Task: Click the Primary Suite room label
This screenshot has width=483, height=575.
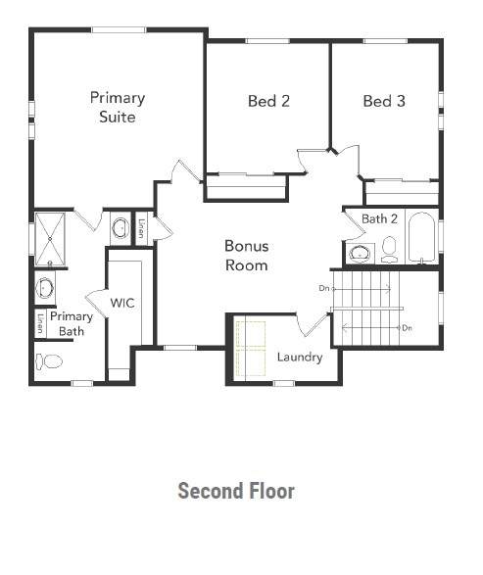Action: (x=118, y=107)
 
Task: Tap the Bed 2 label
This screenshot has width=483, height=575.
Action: (x=268, y=101)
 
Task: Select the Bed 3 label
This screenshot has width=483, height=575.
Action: (x=384, y=101)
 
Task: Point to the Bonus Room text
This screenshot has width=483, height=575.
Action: (x=247, y=256)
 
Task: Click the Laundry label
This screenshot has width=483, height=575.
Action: (x=300, y=357)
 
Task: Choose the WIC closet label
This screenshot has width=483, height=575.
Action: (x=122, y=303)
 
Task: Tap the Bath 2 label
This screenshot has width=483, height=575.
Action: (x=379, y=218)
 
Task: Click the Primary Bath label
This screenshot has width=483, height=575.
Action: (x=72, y=324)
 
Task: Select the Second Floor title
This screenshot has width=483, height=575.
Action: (x=236, y=491)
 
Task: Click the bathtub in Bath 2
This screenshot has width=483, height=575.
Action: (x=421, y=237)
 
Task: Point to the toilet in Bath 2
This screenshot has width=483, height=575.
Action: (x=389, y=250)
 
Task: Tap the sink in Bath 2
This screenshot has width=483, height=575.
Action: (x=360, y=254)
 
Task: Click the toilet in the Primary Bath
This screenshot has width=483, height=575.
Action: (x=49, y=361)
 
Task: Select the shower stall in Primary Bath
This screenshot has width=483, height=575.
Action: (x=50, y=239)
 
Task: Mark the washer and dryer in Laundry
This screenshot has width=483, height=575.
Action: (x=250, y=349)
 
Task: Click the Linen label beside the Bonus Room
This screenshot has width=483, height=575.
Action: (x=141, y=228)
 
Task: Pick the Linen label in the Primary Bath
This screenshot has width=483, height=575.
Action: (x=40, y=323)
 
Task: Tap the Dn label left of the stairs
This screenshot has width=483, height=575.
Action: (x=324, y=288)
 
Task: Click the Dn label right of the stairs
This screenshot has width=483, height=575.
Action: (x=408, y=328)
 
